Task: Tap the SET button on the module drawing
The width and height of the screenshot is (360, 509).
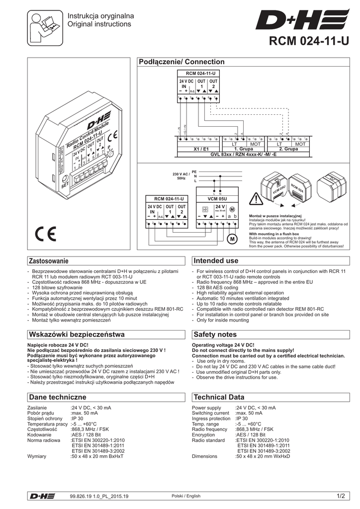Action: [x=65, y=179]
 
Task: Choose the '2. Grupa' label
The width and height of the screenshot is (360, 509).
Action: [x=288, y=149]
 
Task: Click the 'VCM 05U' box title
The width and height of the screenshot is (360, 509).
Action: [x=217, y=198]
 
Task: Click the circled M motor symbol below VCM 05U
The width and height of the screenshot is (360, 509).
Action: [x=231, y=240]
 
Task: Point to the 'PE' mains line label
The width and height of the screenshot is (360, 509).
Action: [x=194, y=171]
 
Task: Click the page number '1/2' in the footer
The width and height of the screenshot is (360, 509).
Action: [x=340, y=496]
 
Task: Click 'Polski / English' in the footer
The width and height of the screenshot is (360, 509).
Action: [x=185, y=496]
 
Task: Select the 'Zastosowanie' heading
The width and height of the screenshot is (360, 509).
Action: [x=49, y=261]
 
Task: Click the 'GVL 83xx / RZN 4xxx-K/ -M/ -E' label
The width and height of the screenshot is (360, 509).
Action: [x=243, y=154]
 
